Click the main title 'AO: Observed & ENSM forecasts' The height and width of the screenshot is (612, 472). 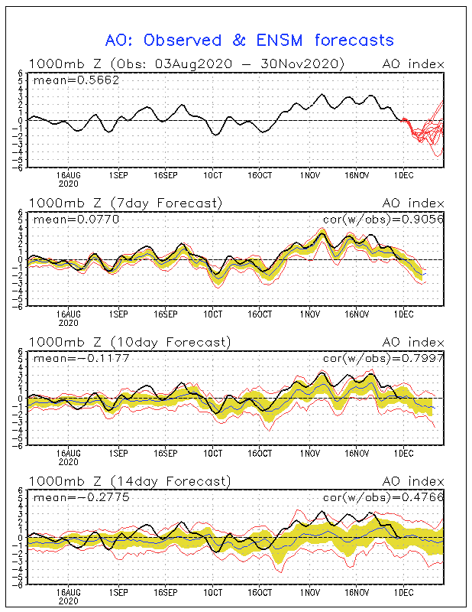point(250,41)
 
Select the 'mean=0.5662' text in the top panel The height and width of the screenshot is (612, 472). point(76,80)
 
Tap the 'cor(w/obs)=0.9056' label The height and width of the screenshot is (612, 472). point(383,220)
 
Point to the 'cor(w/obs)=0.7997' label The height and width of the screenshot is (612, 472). point(383,358)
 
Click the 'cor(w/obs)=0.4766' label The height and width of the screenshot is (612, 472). point(383,497)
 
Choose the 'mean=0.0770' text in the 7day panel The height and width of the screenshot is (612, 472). point(76,220)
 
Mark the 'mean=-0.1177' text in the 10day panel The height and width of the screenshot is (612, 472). point(81,358)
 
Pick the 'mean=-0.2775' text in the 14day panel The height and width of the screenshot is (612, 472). point(81,497)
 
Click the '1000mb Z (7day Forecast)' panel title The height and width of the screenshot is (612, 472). point(125,203)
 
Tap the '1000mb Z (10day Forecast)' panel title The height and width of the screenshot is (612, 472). point(130,342)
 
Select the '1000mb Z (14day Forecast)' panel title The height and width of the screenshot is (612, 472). point(130,481)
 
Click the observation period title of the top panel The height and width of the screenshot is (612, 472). point(186,64)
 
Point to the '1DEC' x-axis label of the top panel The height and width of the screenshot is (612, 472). point(403,176)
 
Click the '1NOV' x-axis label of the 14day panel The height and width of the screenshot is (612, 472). point(310,592)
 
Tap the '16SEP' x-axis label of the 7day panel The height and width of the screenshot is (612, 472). point(166,314)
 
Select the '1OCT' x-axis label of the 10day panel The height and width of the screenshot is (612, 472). point(213,454)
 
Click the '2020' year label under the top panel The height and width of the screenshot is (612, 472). point(69,184)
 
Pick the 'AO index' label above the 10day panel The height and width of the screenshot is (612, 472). point(413,342)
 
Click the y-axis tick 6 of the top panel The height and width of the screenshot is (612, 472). point(21,73)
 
